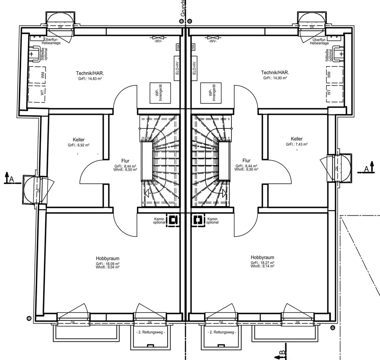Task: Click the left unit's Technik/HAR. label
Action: pos(90,73)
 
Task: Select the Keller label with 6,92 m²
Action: pos(79,140)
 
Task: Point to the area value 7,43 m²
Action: pos(297,144)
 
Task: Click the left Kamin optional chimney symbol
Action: pos(174,220)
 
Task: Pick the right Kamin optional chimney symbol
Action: pos(198,220)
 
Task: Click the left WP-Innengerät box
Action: pos(157,93)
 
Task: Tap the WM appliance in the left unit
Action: pos(43,75)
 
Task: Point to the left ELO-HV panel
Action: pos(177,71)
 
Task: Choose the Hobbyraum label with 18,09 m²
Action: pos(108,259)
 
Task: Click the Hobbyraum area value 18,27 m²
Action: pos(262,263)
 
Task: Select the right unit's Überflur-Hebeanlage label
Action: pos(319,41)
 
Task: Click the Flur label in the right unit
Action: pos(246,161)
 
